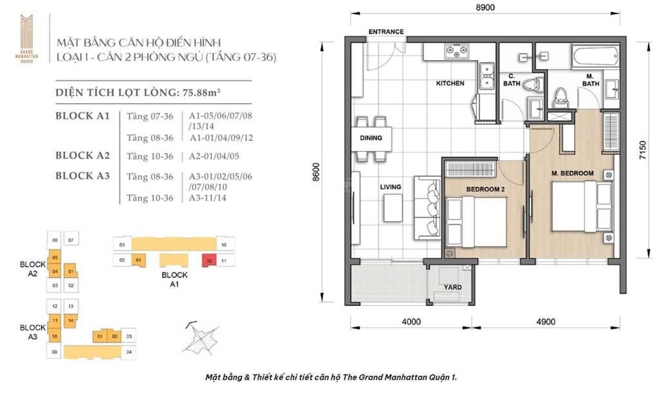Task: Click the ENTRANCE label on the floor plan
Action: [x=386, y=32]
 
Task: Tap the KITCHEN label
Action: [x=450, y=83]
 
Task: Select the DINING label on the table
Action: [x=371, y=138]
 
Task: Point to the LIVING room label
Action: [x=391, y=187]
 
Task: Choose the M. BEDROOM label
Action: [x=572, y=174]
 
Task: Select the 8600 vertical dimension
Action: [x=315, y=170]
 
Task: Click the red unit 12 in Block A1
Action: [x=210, y=260]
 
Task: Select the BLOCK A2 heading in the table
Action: [x=83, y=156]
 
